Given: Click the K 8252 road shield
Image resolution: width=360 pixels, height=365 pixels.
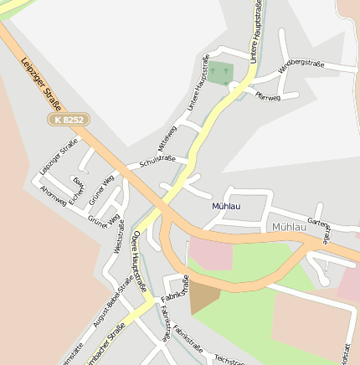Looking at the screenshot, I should click(68, 121).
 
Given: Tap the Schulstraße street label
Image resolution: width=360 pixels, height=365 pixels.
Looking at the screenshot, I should click(157, 159).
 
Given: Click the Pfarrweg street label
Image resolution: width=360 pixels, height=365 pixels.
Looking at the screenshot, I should click(268, 96).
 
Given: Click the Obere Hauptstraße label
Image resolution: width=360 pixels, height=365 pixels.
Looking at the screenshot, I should click(138, 256).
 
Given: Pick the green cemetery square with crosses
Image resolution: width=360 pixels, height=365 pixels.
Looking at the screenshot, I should click(220, 74).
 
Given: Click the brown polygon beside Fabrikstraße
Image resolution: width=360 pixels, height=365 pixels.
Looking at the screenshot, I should click(203, 298).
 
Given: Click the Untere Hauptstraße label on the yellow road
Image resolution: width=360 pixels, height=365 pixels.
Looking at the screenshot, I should click(256, 29).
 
